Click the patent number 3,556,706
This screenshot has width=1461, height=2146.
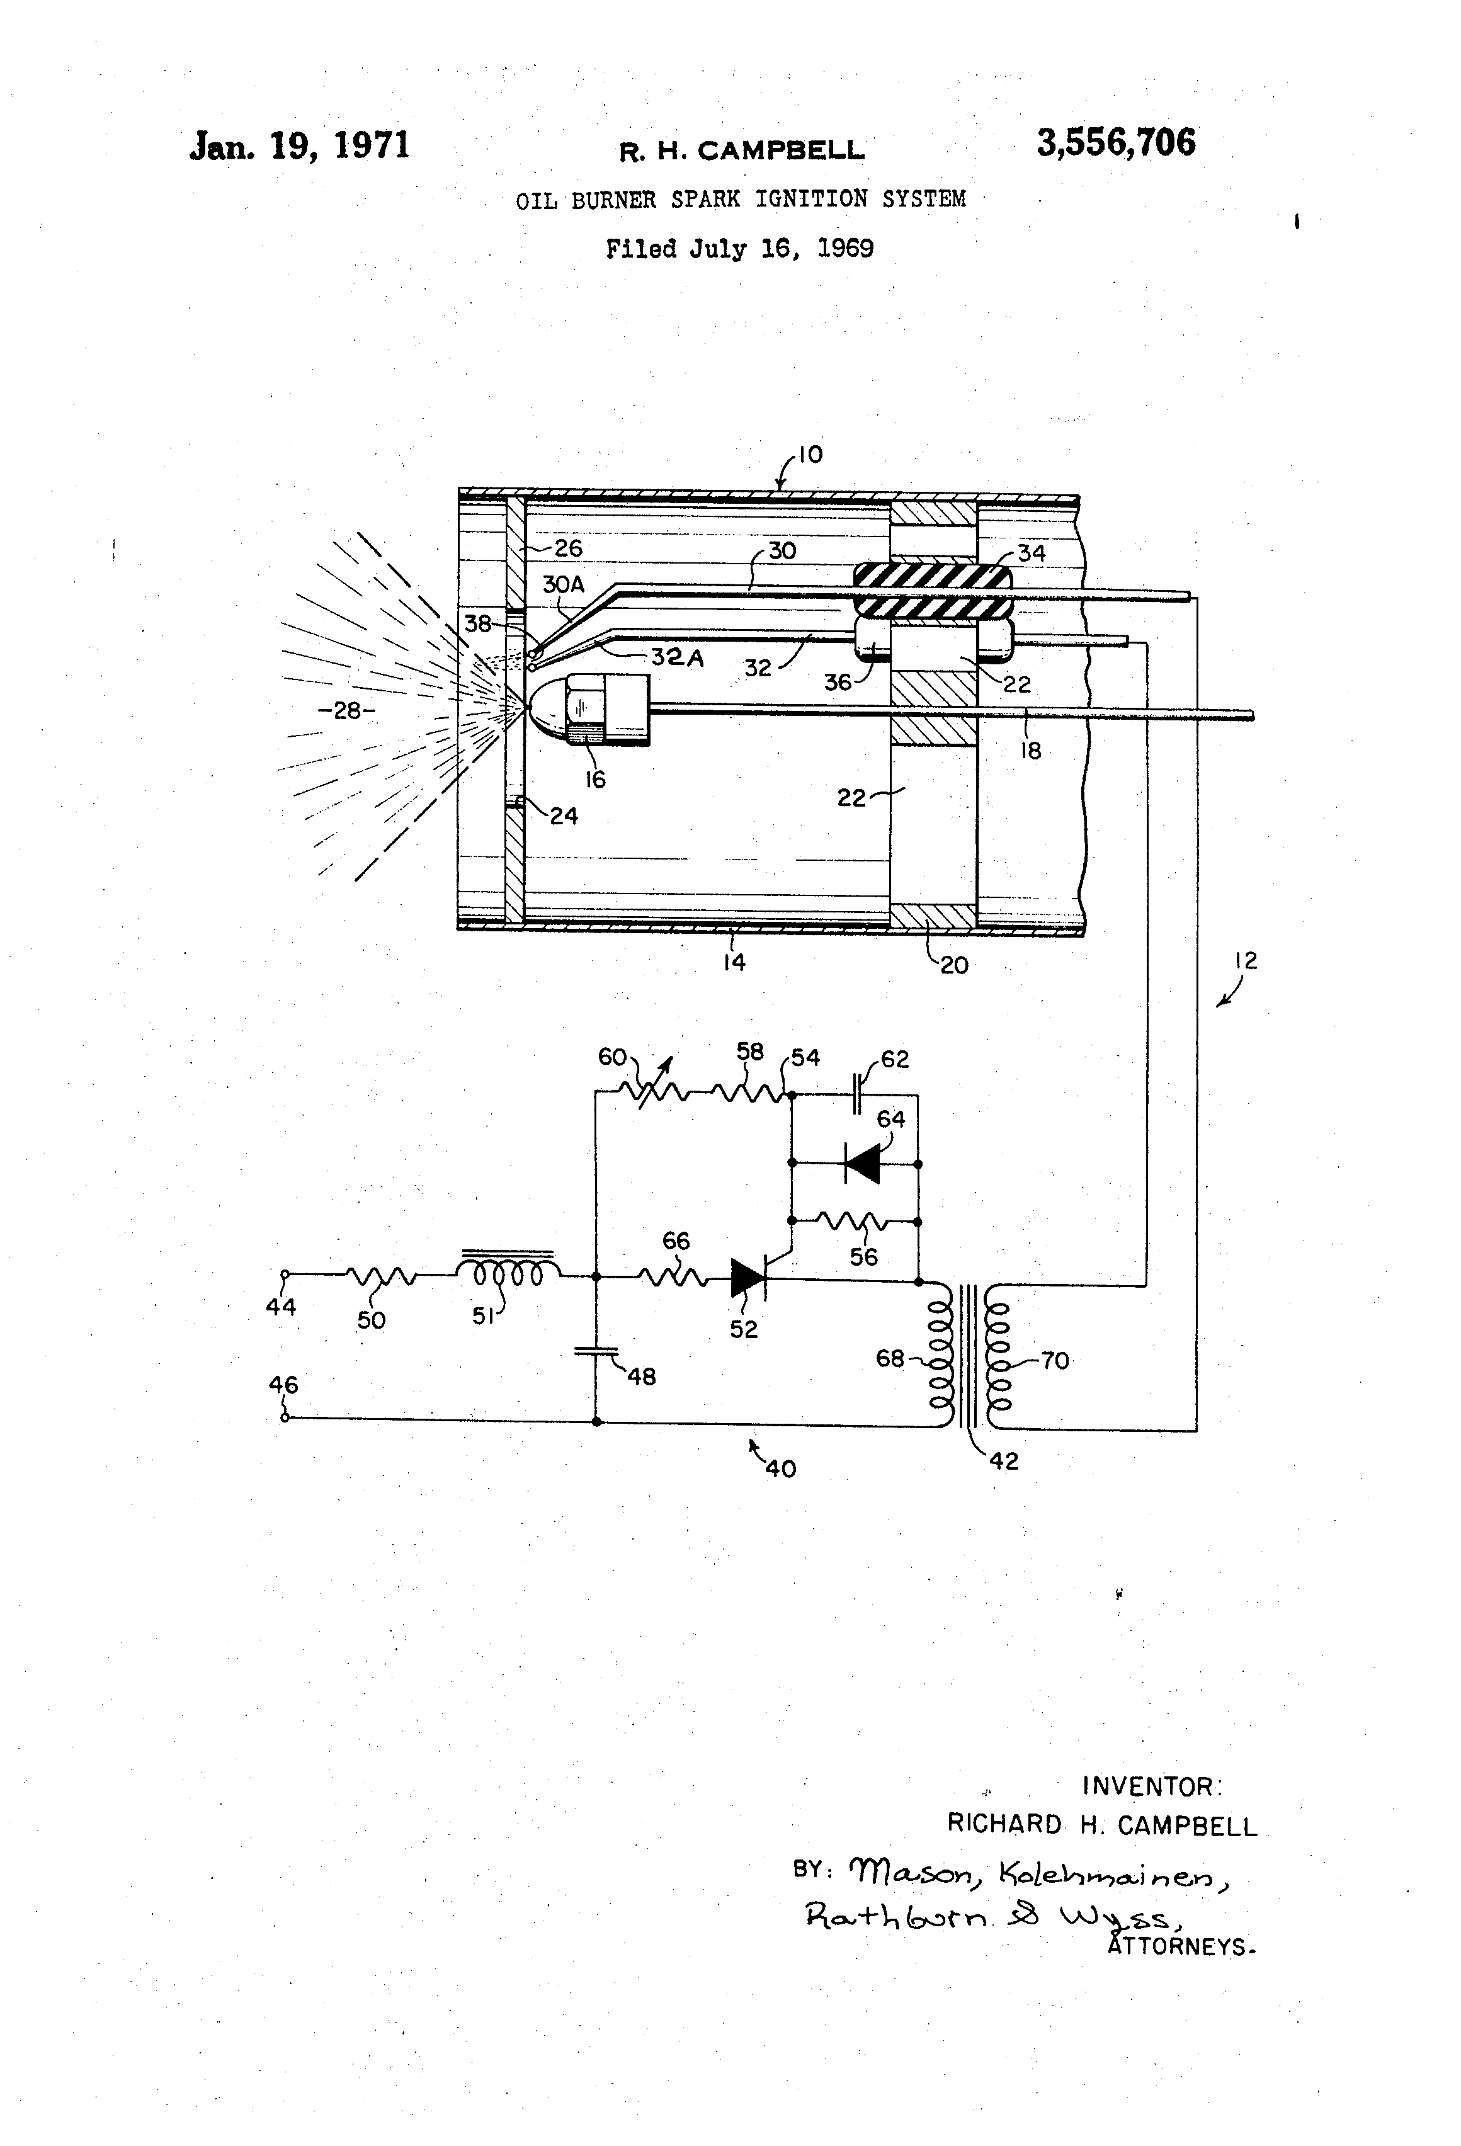point(1116,143)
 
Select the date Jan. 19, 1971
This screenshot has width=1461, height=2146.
point(299,146)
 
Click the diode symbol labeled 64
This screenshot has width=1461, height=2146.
point(861,1164)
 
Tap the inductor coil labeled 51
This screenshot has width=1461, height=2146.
point(508,1273)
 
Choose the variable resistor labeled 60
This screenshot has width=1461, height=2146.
point(651,1091)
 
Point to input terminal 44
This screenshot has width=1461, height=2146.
point(285,1275)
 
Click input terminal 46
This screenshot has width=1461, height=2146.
point(285,1417)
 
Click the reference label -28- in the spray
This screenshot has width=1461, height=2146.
point(346,711)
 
